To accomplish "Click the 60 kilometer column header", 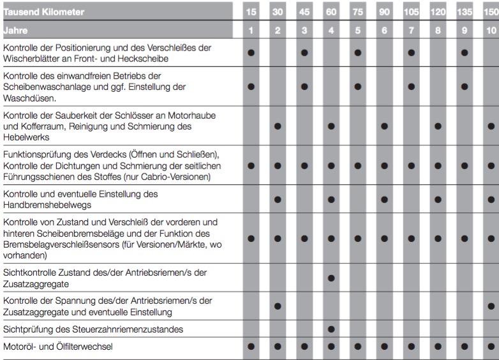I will point(331,11).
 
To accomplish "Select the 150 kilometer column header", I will point(491,11).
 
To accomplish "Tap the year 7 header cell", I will point(410,30).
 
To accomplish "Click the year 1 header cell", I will point(251,30).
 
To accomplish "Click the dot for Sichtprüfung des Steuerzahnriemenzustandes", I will point(331,329).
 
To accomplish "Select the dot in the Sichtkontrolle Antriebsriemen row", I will point(331,278).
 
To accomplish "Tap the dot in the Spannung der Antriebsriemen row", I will point(278,306).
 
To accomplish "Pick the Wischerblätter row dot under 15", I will point(251,53).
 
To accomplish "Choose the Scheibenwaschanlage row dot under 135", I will point(464,86).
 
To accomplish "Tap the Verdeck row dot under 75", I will point(357,165).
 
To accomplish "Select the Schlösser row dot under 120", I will point(437,126).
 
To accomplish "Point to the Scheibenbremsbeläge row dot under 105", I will point(410,239).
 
